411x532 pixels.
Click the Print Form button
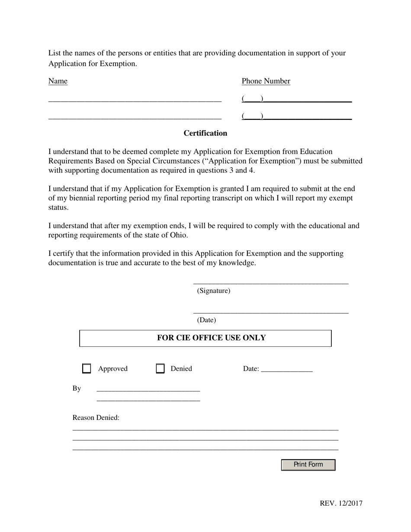(308, 465)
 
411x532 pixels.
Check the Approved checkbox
(87, 369)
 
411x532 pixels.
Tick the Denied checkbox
(160, 369)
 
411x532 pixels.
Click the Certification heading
(205, 133)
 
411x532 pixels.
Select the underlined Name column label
(58, 81)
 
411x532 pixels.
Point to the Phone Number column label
(266, 81)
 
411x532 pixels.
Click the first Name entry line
(135, 100)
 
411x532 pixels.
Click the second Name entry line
(135, 117)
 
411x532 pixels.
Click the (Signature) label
(213, 291)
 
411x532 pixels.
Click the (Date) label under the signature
(206, 320)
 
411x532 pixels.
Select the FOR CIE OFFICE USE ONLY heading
(211, 338)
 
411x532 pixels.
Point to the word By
(77, 388)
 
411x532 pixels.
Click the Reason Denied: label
(96, 418)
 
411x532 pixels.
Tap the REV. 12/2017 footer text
(341, 503)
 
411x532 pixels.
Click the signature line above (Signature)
(270, 283)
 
